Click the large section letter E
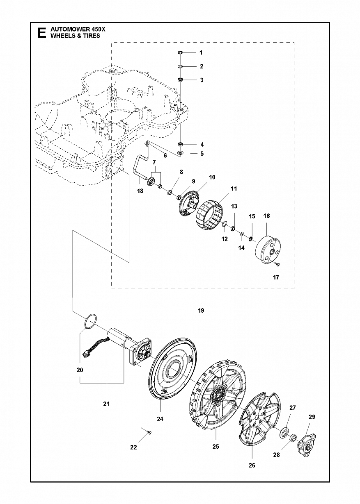click(41, 33)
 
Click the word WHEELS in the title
click(61, 36)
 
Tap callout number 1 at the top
click(201, 52)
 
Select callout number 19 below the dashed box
click(201, 310)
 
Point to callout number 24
click(160, 419)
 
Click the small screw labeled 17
click(277, 265)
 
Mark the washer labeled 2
click(180, 66)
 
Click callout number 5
click(202, 154)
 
